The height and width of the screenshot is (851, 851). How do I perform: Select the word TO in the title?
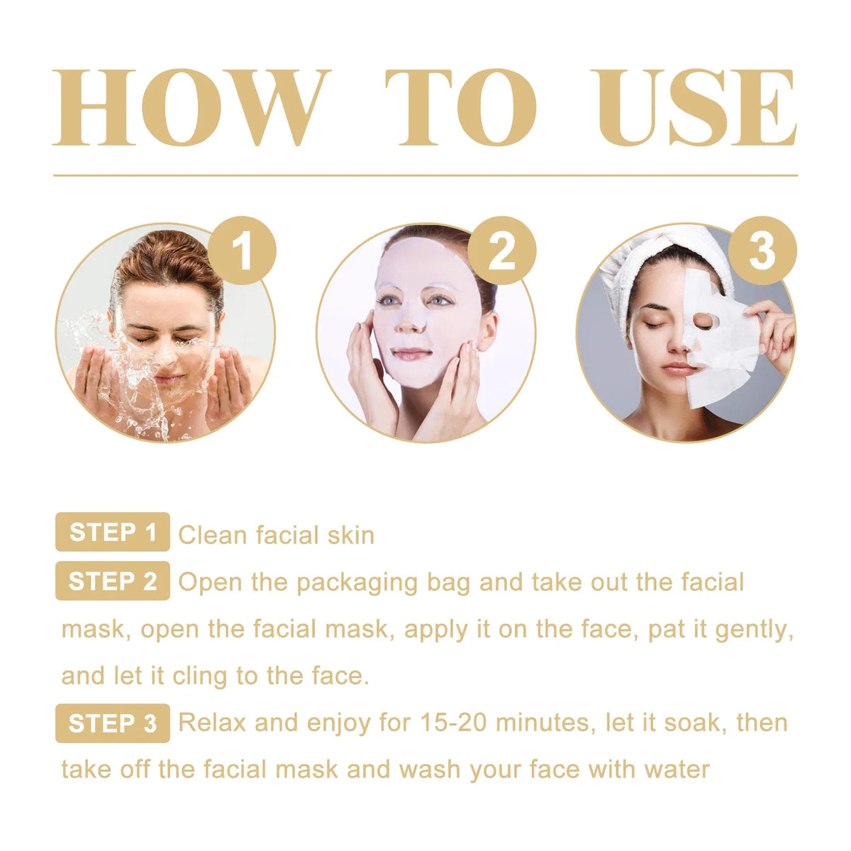point(461,108)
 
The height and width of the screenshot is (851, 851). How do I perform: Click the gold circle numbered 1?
point(242,250)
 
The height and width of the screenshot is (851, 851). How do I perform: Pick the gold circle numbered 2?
point(502,250)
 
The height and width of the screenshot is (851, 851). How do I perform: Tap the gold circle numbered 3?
point(762,250)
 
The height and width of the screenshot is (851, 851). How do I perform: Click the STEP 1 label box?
point(113,532)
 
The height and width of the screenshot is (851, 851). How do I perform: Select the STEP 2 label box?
point(113,581)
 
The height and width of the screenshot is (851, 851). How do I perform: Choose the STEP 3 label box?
point(113,723)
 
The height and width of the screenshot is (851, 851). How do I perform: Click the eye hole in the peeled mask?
point(703,321)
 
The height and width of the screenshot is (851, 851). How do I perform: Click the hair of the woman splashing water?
point(167,259)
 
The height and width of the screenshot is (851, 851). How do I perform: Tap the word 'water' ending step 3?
point(677,770)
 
